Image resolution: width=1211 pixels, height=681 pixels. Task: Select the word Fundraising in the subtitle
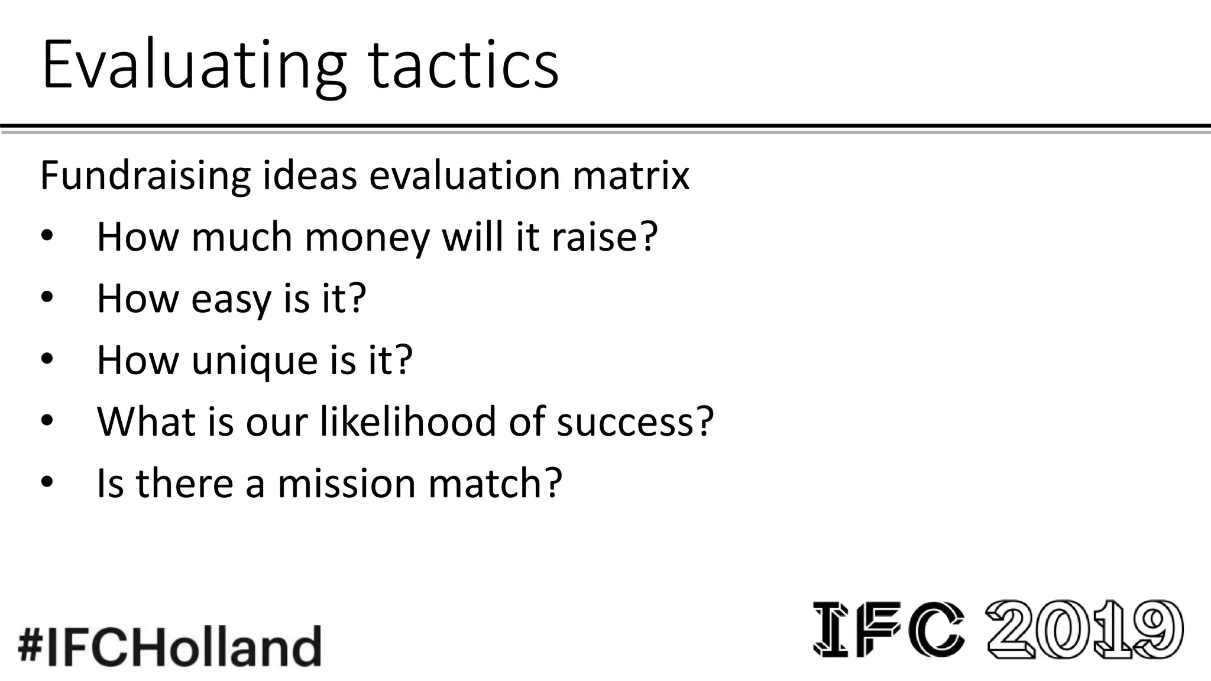click(x=145, y=176)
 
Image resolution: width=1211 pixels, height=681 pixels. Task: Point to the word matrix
click(x=630, y=176)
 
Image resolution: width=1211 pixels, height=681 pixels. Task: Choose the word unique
click(x=255, y=360)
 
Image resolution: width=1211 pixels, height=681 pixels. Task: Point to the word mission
click(x=347, y=483)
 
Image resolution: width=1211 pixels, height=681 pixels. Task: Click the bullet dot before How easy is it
click(x=47, y=297)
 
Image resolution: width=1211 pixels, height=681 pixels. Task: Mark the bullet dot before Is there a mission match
click(x=47, y=482)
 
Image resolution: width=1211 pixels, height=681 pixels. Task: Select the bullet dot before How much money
click(x=47, y=236)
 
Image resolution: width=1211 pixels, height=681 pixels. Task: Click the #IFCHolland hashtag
click(x=170, y=646)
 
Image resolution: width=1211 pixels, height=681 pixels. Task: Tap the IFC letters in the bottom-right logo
click(x=888, y=629)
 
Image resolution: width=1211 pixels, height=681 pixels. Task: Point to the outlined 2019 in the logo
click(x=1084, y=629)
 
